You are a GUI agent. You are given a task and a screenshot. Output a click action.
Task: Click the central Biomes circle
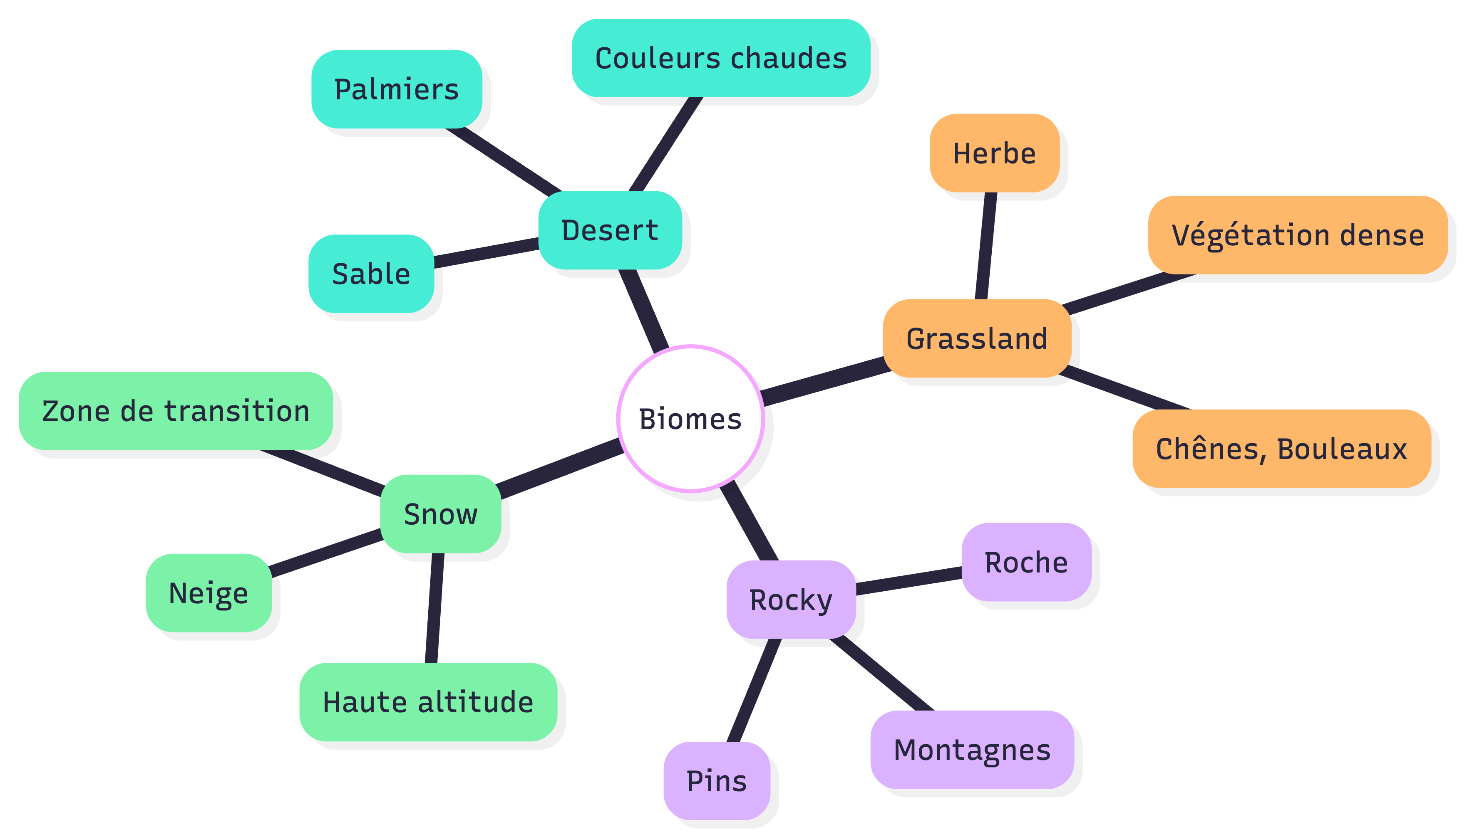(690, 418)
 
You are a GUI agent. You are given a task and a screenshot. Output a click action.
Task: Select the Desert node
(610, 230)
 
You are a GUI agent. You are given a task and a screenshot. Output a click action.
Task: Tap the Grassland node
(977, 338)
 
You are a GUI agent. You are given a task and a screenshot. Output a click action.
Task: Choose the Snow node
(441, 513)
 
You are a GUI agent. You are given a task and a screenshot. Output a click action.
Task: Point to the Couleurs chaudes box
(721, 58)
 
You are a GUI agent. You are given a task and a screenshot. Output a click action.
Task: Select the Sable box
(371, 273)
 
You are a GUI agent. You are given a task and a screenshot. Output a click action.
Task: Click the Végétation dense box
(1298, 234)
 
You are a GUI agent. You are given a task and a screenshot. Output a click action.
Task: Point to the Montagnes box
(972, 749)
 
